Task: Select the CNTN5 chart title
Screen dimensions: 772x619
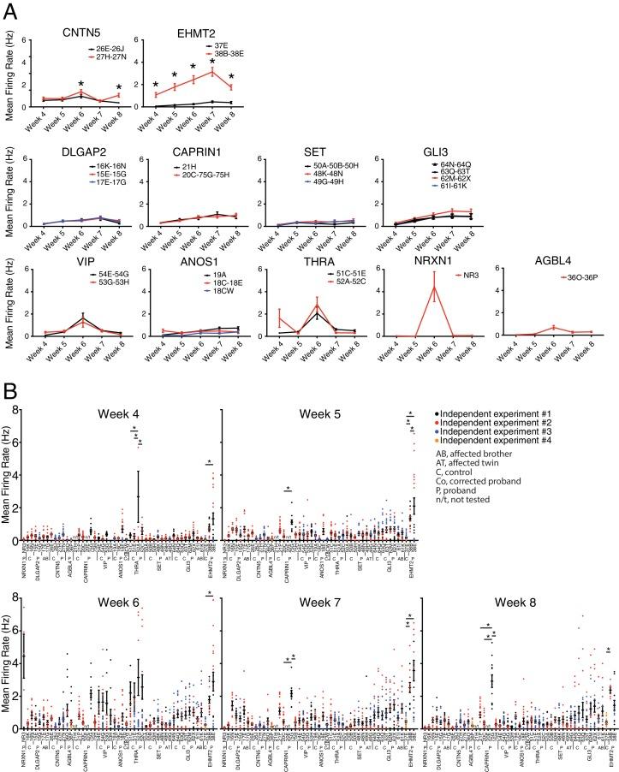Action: pyautogui.click(x=78, y=33)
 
